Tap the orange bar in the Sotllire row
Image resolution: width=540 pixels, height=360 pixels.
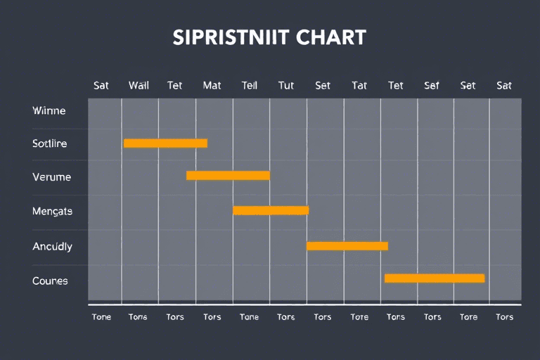[165, 143]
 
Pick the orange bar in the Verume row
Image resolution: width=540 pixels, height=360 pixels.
[228, 176]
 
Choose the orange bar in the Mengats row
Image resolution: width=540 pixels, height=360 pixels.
[271, 210]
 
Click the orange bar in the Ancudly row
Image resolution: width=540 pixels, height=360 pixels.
[347, 246]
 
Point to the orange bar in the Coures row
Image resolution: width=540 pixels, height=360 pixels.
[435, 278]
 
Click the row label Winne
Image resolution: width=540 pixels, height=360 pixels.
[49, 111]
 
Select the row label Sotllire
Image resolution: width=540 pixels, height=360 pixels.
[50, 144]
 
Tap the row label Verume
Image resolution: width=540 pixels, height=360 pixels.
[51, 177]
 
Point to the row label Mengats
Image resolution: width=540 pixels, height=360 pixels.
[52, 211]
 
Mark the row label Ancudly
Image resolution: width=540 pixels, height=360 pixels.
[52, 247]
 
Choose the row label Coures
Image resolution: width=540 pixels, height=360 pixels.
[50, 281]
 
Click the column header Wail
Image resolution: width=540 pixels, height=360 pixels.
[139, 86]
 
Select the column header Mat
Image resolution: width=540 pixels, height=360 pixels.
[212, 86]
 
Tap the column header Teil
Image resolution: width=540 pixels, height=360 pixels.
[250, 86]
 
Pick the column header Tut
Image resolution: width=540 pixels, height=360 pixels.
[286, 86]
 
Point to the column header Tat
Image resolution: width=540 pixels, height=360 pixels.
[359, 86]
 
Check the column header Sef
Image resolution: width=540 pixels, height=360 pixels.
[432, 86]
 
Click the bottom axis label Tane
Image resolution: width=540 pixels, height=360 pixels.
[249, 317]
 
